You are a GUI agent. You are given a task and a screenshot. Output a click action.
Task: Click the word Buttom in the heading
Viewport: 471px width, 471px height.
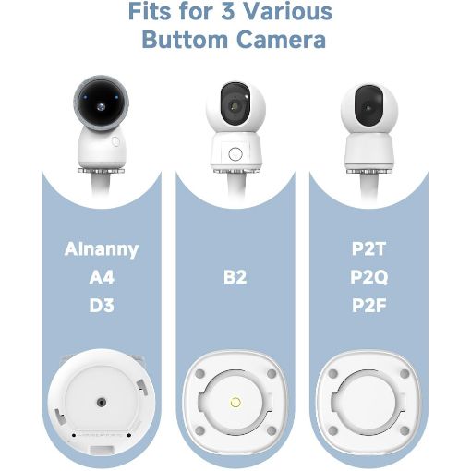click(185, 40)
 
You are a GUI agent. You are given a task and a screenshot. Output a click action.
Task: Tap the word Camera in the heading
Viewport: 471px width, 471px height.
click(281, 40)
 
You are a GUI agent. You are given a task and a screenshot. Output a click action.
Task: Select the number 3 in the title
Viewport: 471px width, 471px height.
click(228, 11)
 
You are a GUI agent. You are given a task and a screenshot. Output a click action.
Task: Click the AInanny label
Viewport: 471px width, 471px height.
click(102, 249)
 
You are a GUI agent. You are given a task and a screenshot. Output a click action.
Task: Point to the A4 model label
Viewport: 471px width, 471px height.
click(102, 277)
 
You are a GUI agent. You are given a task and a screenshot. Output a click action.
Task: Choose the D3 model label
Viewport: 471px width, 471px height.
click(102, 306)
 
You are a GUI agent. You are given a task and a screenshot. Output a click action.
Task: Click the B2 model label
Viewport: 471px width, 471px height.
click(235, 277)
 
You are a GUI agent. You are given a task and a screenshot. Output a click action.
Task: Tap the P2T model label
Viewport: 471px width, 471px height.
click(368, 249)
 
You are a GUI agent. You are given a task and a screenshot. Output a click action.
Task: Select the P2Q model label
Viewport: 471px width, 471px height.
click(368, 277)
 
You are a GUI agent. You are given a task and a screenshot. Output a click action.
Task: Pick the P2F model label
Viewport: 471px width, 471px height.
click(368, 306)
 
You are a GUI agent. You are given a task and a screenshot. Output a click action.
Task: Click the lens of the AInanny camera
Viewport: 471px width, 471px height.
click(101, 107)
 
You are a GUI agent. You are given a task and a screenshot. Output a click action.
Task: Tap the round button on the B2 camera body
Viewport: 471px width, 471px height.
click(235, 153)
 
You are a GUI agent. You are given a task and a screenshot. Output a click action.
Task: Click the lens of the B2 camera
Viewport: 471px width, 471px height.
click(235, 106)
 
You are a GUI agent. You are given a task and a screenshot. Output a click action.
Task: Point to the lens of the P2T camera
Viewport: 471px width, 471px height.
click(368, 108)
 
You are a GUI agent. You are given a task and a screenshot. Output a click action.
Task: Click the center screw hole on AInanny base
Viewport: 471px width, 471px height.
click(102, 402)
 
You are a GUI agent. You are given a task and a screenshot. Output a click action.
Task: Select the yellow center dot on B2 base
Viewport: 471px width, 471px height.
click(235, 402)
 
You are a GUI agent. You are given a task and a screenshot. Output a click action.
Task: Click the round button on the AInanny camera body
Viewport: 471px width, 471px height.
click(115, 141)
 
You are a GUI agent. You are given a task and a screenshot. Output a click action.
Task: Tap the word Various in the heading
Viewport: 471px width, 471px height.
click(288, 11)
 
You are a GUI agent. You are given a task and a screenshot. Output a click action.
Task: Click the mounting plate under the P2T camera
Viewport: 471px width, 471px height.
click(368, 171)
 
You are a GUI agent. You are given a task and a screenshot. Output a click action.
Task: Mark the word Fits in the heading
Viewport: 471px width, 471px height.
click(151, 11)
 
